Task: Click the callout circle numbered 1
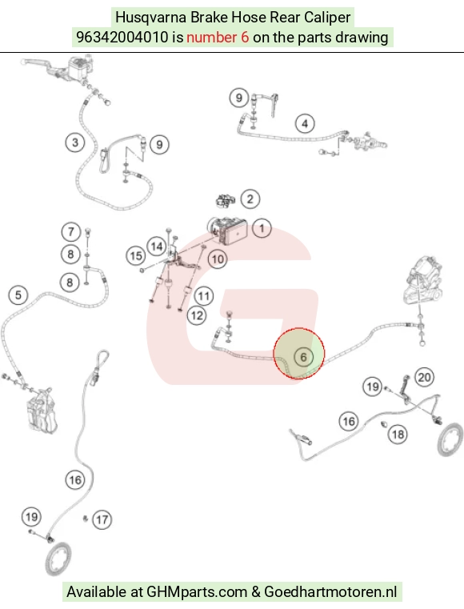262,228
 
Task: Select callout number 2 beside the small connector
250,199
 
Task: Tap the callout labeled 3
75,142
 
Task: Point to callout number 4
305,124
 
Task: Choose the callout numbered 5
18,295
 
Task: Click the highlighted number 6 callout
303,357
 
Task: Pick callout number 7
70,232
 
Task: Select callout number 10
218,259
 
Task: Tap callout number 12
197,315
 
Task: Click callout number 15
135,256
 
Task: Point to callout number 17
102,519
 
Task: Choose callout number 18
398,435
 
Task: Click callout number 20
424,377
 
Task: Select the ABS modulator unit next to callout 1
228,230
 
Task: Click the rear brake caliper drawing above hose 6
422,280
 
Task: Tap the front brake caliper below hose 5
42,411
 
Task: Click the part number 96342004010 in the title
122,38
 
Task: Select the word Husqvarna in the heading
150,18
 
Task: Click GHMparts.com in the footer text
197,592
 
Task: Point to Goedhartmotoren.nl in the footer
330,592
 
